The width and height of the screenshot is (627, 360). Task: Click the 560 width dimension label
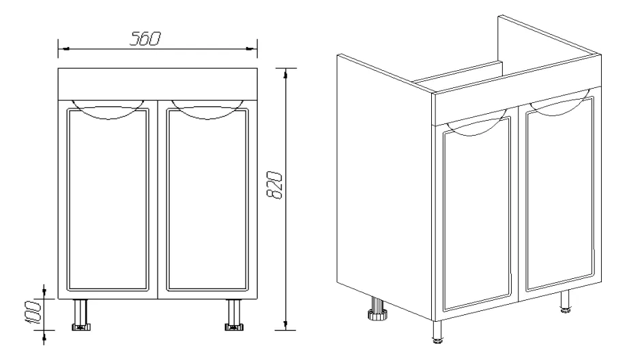145,39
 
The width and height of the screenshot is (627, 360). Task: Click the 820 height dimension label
275,185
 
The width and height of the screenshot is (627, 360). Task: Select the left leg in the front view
81,315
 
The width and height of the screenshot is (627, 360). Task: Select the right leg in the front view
234,315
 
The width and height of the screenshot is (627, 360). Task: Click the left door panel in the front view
108,199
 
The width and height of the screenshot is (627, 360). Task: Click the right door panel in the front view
207,199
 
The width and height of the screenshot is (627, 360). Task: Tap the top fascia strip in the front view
158,84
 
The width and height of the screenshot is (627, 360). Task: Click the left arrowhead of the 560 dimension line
63,48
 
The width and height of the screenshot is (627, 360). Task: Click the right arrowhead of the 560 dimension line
252,48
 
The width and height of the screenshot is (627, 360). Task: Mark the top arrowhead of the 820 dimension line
285,74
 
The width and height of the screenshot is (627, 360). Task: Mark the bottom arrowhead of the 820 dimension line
285,325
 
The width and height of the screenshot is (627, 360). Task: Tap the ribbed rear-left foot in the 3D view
377,309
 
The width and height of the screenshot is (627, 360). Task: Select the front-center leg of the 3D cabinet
438,331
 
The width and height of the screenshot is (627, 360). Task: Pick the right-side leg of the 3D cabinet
565,301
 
